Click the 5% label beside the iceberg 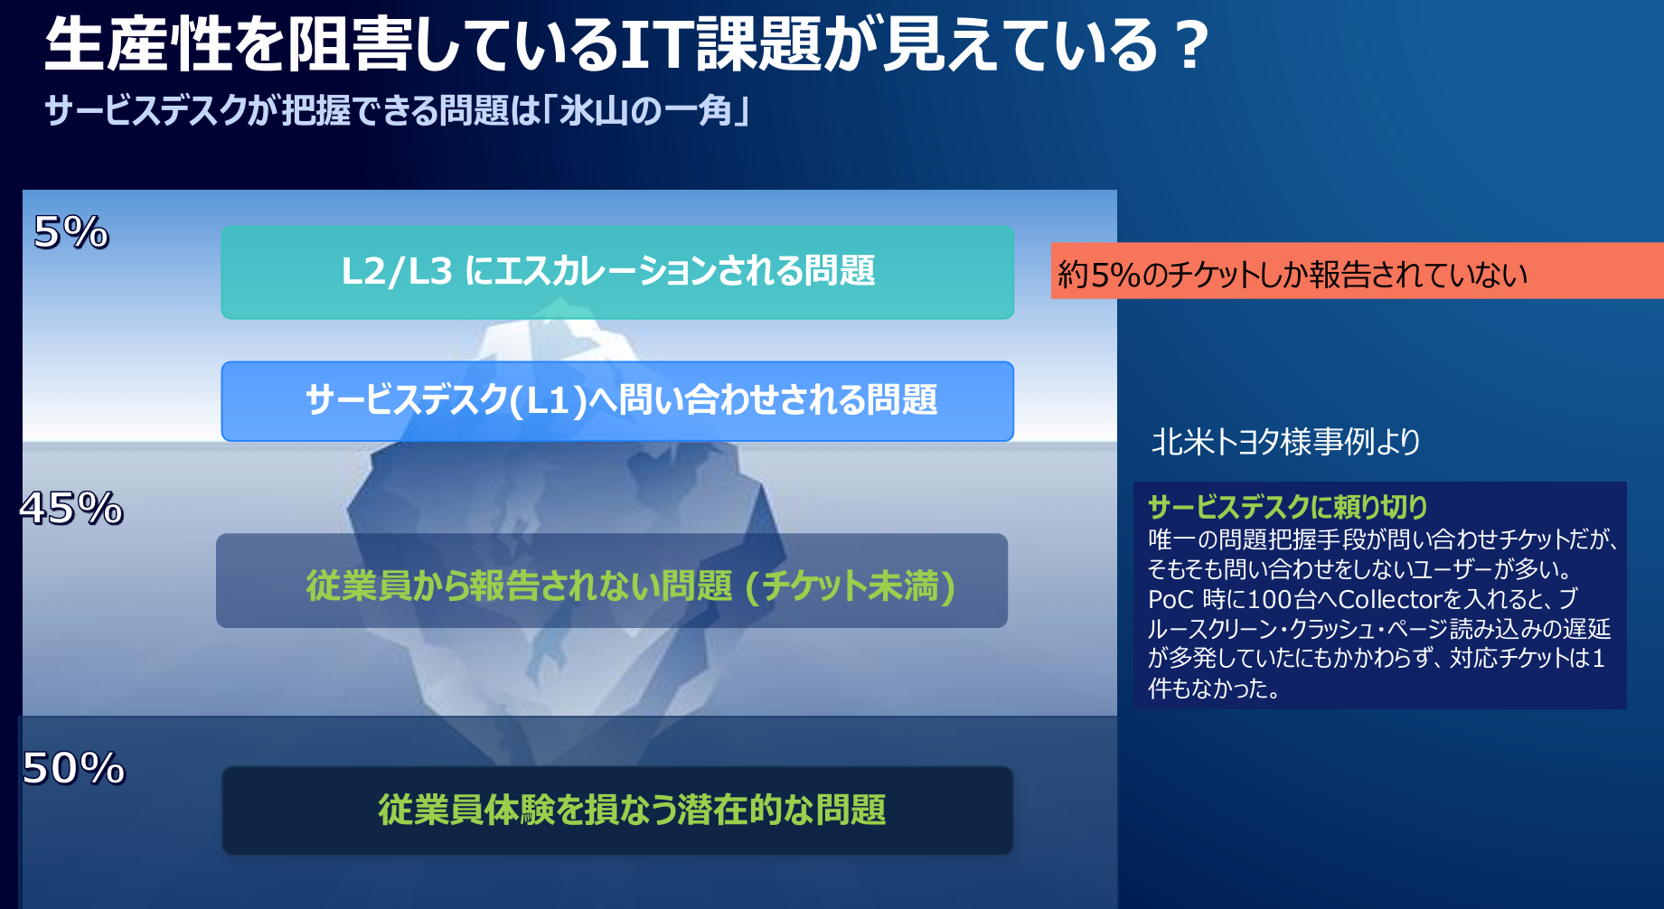[71, 232]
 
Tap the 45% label [71, 508]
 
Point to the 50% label [73, 768]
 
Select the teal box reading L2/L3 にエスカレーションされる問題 [617, 272]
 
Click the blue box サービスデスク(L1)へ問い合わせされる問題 [617, 401]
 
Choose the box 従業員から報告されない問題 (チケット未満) [612, 580]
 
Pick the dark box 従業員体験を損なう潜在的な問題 [617, 811]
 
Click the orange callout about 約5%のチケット [1357, 270]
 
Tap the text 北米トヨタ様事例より [1285, 442]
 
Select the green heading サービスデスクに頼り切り [1287, 507]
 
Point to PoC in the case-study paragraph [1171, 599]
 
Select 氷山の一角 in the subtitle [645, 111]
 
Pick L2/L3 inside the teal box [397, 272]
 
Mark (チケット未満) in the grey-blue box [851, 586]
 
